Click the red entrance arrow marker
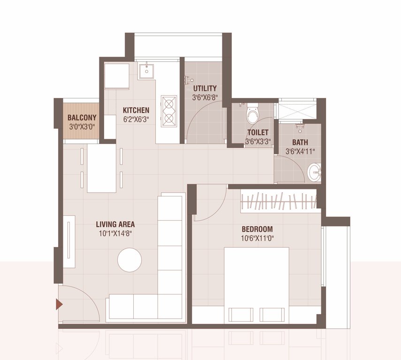click(x=59, y=305)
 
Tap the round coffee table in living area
click(x=129, y=260)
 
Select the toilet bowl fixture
click(x=253, y=114)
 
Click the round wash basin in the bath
click(x=314, y=173)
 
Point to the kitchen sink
click(x=149, y=71)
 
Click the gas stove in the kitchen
click(x=169, y=111)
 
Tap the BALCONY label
click(x=82, y=118)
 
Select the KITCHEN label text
click(x=136, y=111)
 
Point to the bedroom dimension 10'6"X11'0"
click(x=257, y=238)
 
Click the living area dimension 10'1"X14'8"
click(x=115, y=233)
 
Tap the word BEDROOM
click(x=257, y=229)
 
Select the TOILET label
click(x=257, y=133)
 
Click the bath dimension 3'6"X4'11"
click(x=300, y=151)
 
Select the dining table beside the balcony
click(x=101, y=168)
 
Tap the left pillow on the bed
click(x=241, y=315)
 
